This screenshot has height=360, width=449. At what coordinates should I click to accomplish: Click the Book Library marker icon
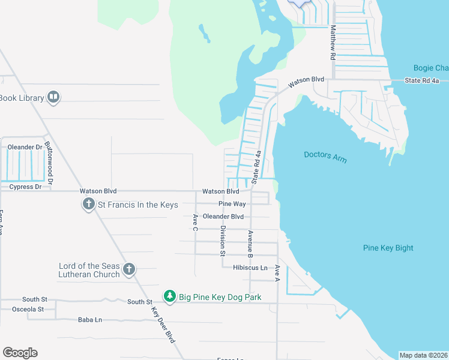(x=53, y=97)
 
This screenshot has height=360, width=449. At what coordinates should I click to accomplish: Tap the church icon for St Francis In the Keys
(x=88, y=205)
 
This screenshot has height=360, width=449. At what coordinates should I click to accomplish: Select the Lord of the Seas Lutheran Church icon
(x=128, y=270)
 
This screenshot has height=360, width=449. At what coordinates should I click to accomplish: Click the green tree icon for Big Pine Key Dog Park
(x=170, y=296)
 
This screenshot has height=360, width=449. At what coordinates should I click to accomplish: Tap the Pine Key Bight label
(x=388, y=248)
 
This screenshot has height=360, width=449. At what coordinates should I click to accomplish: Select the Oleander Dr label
(x=25, y=147)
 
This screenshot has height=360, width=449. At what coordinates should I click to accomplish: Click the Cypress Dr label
(x=25, y=187)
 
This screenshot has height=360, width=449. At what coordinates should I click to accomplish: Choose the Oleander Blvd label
(x=223, y=217)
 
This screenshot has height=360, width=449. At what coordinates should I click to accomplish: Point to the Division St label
(x=222, y=241)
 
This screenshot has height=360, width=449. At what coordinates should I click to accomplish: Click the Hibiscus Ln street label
(x=250, y=268)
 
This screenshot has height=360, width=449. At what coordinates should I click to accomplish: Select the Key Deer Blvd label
(x=163, y=324)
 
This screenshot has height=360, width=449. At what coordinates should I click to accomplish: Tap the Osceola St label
(x=28, y=309)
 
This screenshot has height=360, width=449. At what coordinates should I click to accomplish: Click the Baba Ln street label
(x=89, y=320)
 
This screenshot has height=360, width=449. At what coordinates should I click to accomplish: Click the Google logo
(x=20, y=353)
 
